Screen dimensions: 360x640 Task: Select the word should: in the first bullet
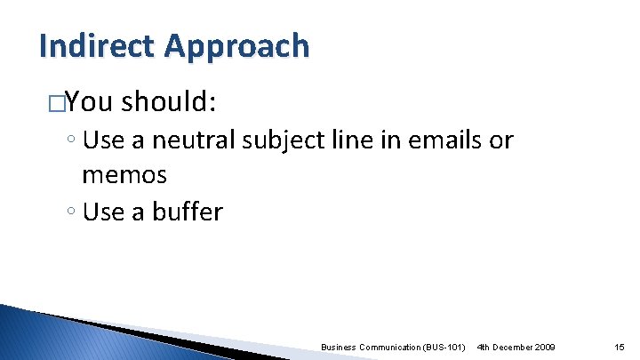coord(169,102)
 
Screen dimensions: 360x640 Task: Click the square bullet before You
coord(58,103)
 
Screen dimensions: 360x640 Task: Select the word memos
coord(124,174)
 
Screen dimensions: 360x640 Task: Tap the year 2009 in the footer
coord(541,346)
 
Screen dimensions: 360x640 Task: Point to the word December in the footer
coord(509,346)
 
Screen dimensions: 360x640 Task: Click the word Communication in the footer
coord(386,346)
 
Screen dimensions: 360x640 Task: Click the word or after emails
coord(500,140)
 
